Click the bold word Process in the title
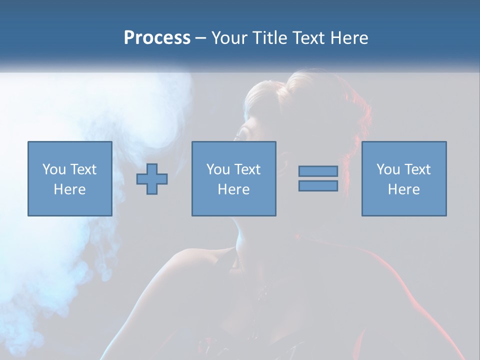[x=157, y=38]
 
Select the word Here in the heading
[x=349, y=38]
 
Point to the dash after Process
[x=200, y=38]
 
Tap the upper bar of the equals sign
[x=318, y=171]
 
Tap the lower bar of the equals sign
[x=318, y=185]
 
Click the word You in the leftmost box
[x=54, y=169]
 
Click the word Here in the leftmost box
[x=69, y=189]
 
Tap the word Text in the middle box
[x=247, y=169]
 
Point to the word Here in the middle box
[x=233, y=189]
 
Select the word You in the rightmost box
[x=388, y=169]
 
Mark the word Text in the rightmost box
[x=417, y=169]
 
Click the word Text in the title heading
[x=308, y=38]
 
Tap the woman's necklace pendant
[x=261, y=295]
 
